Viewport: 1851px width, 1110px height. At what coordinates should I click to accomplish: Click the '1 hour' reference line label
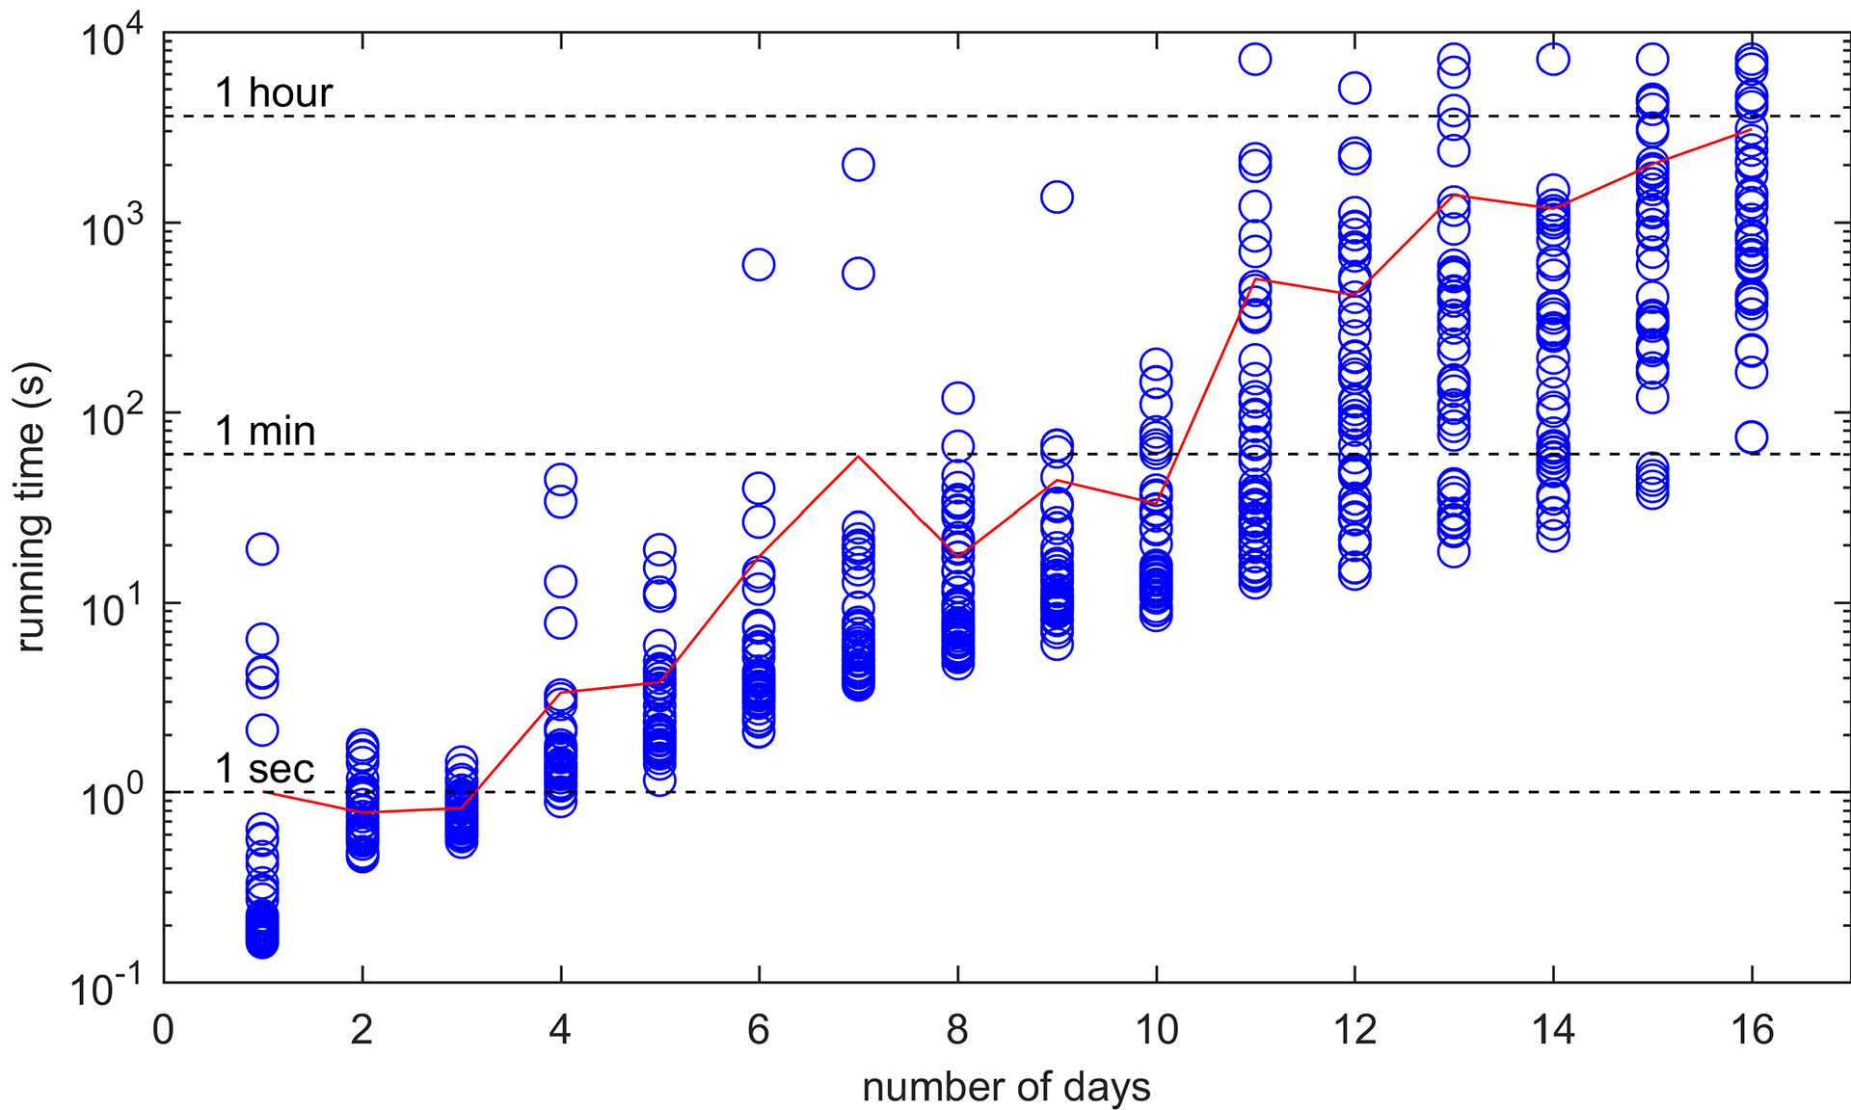(x=274, y=92)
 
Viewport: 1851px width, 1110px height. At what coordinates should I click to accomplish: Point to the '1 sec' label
(x=265, y=769)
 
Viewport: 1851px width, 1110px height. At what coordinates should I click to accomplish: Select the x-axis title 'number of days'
(x=1006, y=1087)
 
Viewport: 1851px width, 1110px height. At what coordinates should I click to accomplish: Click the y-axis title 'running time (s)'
(x=31, y=507)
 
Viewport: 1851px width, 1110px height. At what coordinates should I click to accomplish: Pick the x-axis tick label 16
(x=1752, y=1030)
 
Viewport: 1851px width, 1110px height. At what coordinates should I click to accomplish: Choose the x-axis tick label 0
(x=164, y=1030)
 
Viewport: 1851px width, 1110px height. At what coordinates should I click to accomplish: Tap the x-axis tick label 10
(x=1156, y=1030)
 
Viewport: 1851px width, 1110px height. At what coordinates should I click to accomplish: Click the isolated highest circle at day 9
(x=1057, y=197)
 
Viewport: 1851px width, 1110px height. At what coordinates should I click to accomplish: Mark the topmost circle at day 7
(x=858, y=165)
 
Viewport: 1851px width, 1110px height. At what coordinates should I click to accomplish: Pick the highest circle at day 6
(x=759, y=264)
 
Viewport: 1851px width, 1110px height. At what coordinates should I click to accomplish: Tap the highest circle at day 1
(x=262, y=549)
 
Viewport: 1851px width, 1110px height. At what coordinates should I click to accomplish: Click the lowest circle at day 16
(x=1752, y=437)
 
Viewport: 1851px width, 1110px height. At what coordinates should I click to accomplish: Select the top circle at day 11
(x=1255, y=59)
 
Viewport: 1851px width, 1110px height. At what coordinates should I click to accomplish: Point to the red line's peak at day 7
(x=858, y=456)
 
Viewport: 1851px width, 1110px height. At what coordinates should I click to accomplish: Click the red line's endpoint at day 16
(x=1752, y=129)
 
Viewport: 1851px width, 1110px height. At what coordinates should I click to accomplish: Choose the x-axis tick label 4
(x=560, y=1030)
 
